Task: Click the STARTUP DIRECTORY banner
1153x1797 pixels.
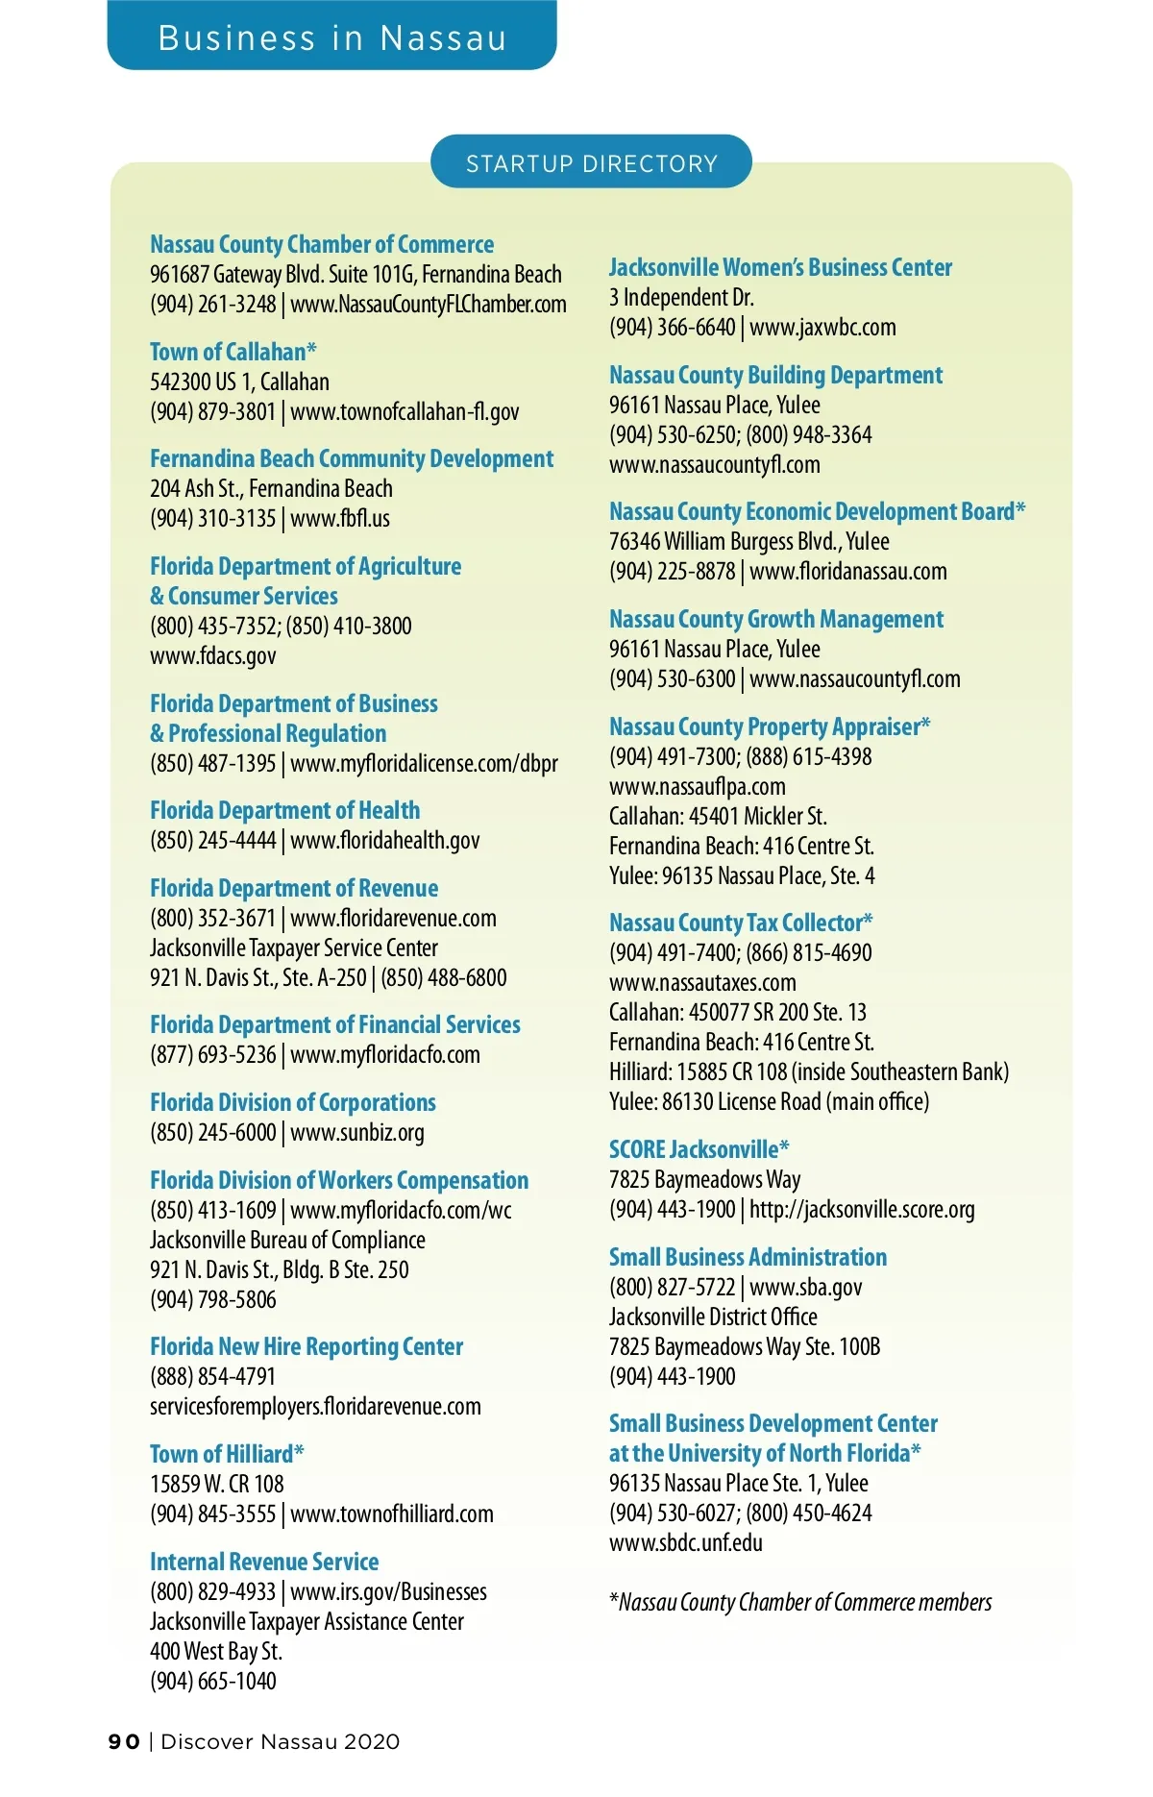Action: [x=591, y=162]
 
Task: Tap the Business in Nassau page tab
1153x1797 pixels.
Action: [x=331, y=37]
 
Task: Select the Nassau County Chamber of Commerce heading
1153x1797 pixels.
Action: [x=322, y=244]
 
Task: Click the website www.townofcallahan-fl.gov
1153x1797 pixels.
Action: [x=405, y=412]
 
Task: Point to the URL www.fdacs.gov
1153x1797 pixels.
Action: [x=213, y=656]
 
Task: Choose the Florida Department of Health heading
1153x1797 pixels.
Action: [x=284, y=810]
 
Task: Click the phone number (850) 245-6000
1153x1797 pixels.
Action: [x=212, y=1133]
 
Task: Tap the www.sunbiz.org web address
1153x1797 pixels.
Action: [x=357, y=1133]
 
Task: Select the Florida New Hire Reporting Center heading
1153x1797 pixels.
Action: [x=307, y=1346]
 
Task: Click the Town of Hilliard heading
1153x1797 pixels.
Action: [x=227, y=1453]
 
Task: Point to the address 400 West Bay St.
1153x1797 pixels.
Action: [x=216, y=1652]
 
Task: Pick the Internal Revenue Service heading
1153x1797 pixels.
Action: [x=264, y=1562]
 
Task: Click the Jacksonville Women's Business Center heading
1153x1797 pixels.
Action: [x=780, y=267]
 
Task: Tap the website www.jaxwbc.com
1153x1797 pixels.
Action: [x=822, y=328]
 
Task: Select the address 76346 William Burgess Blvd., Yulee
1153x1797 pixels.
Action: [x=749, y=542]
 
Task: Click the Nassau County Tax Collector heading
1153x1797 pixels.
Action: [x=741, y=923]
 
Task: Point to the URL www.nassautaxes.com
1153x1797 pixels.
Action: [x=702, y=983]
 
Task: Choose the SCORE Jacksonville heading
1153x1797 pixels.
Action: [x=699, y=1149]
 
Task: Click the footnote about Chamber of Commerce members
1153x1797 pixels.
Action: [x=800, y=1602]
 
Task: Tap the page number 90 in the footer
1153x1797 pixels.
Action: [x=124, y=1741]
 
